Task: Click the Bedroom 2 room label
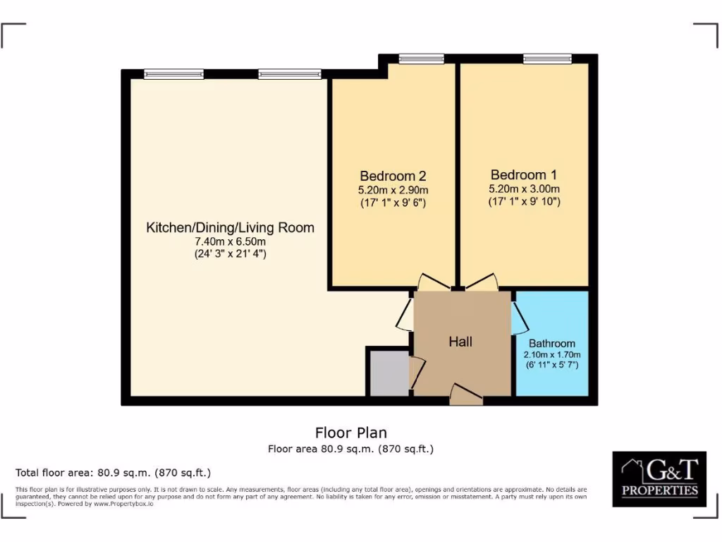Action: coord(393,176)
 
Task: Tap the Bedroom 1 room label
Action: coord(524,175)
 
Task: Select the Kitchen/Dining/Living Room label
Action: coord(230,228)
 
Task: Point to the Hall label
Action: coord(460,342)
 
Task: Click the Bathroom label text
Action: coord(552,344)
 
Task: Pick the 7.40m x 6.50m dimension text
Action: coord(230,241)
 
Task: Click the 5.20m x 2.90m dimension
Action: coord(393,190)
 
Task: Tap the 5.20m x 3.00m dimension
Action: coord(524,189)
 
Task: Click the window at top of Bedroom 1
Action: coord(547,59)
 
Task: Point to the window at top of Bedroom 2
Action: coord(421,59)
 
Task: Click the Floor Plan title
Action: coord(350,433)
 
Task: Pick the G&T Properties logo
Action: coord(659,479)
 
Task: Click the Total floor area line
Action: coord(114,473)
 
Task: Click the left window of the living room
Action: coord(173,73)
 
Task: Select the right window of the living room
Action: coord(289,73)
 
